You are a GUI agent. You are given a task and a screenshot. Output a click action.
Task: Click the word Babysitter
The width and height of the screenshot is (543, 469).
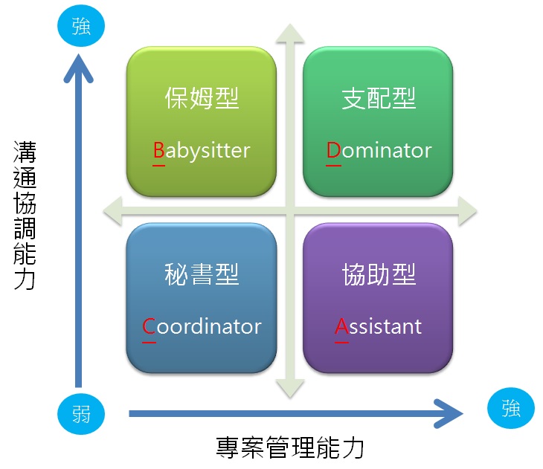[x=202, y=150]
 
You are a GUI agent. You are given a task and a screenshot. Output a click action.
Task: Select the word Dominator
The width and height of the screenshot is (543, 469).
[x=379, y=150]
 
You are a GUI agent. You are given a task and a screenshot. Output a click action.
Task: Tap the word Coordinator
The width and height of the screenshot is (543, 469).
[x=202, y=326]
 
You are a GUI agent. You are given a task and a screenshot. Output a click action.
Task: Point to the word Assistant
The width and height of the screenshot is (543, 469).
[x=378, y=326]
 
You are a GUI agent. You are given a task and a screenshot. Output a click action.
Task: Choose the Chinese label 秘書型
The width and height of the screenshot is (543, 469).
[x=202, y=275]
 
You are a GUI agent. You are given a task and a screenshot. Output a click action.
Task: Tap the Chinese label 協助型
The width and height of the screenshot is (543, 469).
[x=379, y=275]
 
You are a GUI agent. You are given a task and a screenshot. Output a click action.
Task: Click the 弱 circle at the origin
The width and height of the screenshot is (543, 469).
[x=81, y=413]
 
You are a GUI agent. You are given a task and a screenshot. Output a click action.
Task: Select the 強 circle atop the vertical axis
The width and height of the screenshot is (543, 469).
[x=81, y=28]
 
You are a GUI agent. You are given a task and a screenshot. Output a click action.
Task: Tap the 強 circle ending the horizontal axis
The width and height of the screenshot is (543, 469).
[x=510, y=408]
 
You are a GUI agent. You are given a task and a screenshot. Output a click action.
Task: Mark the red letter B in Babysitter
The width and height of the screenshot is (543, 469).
[x=158, y=151]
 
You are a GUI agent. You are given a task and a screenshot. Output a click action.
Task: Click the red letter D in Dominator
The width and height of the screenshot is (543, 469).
[x=333, y=151]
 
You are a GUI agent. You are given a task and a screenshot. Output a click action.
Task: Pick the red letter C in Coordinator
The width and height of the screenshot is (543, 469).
[x=149, y=327]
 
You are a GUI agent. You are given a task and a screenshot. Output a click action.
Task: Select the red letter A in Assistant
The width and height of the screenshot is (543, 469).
[x=341, y=327]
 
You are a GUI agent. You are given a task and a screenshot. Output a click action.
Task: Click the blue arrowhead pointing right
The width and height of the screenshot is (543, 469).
[x=449, y=414]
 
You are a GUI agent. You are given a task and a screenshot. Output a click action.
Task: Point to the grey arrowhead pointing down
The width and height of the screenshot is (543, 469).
[x=290, y=387]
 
